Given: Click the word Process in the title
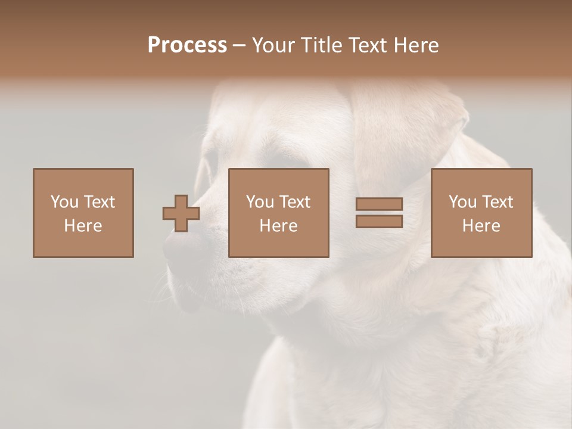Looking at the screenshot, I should [187, 45].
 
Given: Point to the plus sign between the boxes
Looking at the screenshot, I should [181, 213].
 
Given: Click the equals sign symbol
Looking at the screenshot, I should [379, 213].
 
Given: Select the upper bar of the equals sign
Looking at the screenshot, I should [379, 204].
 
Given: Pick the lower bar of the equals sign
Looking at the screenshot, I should [379, 221].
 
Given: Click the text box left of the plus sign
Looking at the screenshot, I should [83, 213].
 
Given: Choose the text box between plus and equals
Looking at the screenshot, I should [279, 213].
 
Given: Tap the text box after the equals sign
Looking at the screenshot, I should [481, 213].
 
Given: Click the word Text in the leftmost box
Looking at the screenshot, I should [99, 202].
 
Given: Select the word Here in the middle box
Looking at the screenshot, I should [279, 226].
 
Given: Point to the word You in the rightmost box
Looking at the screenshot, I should [462, 202].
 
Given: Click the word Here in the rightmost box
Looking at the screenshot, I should [481, 226].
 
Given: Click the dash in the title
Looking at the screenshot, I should [239, 46].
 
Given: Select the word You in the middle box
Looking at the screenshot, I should [260, 202].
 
